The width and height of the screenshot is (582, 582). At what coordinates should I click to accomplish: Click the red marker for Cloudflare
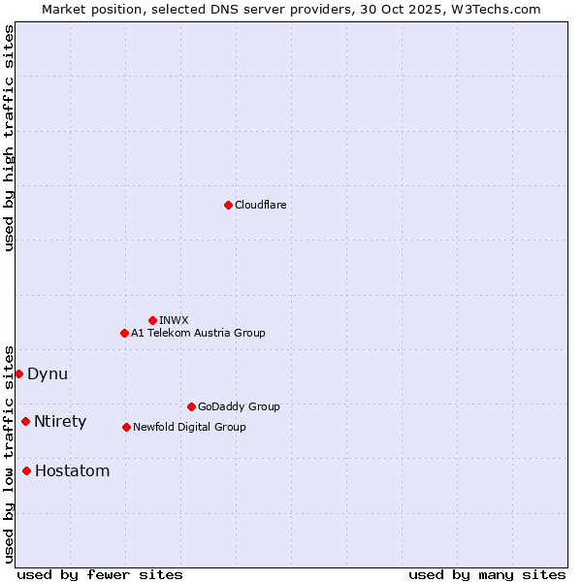tap(228, 205)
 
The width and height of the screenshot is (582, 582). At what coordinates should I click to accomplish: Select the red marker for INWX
tap(152, 320)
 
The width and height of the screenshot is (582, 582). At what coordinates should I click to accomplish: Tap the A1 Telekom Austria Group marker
tap(124, 333)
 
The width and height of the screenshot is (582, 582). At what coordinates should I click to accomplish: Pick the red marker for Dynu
tap(18, 373)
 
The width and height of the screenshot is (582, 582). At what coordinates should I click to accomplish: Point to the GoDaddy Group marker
tap(191, 406)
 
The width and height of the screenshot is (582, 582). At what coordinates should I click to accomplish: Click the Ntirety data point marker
tap(25, 421)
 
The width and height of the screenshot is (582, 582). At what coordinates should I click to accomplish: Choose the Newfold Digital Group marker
tap(126, 427)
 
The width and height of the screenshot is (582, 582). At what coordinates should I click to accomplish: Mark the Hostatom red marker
tap(26, 470)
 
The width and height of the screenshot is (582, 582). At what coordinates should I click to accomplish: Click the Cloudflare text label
tap(260, 205)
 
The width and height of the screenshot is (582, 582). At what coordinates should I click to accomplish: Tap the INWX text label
tap(174, 320)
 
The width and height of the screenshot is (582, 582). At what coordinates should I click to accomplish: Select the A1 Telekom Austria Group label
tap(198, 333)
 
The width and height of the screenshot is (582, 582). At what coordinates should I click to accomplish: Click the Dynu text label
tap(48, 373)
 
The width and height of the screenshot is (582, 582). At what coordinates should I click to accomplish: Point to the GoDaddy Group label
tap(239, 406)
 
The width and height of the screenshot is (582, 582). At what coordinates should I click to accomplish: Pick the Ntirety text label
tap(60, 421)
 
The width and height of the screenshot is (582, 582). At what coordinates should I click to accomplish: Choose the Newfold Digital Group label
tap(189, 427)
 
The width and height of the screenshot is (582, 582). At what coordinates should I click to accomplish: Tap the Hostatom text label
tap(72, 470)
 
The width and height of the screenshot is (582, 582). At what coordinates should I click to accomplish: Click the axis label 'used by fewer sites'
tap(100, 574)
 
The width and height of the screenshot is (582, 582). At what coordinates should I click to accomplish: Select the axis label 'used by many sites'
tap(487, 574)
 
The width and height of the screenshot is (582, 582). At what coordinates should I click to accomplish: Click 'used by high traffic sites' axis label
tap(9, 138)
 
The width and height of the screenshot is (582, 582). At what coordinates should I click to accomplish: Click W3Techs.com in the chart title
tap(493, 9)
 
